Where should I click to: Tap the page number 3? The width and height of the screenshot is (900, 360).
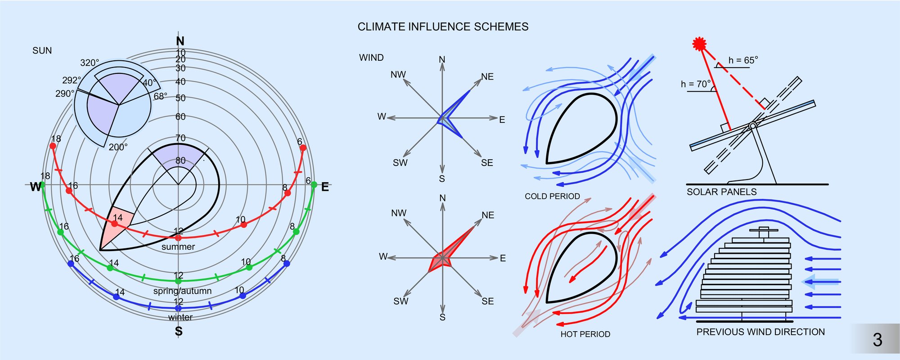click(x=877, y=340)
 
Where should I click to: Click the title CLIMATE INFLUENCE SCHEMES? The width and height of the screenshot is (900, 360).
click(x=443, y=27)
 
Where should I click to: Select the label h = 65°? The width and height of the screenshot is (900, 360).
click(x=743, y=60)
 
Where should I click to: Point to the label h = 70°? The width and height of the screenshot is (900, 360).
click(x=696, y=84)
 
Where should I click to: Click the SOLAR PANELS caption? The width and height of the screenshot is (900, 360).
click(x=721, y=192)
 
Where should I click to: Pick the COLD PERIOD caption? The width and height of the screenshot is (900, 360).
click(x=552, y=196)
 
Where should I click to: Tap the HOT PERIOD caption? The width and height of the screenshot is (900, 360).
click(x=585, y=334)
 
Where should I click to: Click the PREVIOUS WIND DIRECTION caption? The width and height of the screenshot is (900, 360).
click(x=760, y=332)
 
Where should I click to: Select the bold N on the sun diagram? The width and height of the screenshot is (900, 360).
click(x=180, y=41)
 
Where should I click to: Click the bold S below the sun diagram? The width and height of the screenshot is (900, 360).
click(x=179, y=332)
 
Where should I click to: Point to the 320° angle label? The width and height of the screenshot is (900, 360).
click(x=90, y=63)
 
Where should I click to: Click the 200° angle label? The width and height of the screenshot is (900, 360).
click(x=118, y=147)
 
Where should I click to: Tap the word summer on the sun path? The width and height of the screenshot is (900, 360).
click(x=178, y=247)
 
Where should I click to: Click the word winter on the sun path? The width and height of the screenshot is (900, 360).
click(x=180, y=317)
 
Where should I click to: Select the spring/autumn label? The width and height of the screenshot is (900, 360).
click(x=182, y=291)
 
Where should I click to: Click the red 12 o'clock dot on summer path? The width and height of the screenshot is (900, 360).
click(x=178, y=238)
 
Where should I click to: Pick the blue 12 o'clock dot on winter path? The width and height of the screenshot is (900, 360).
click(x=178, y=308)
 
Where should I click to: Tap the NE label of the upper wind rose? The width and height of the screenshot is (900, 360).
click(x=487, y=77)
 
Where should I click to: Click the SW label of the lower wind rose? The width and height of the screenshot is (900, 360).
click(x=400, y=301)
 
